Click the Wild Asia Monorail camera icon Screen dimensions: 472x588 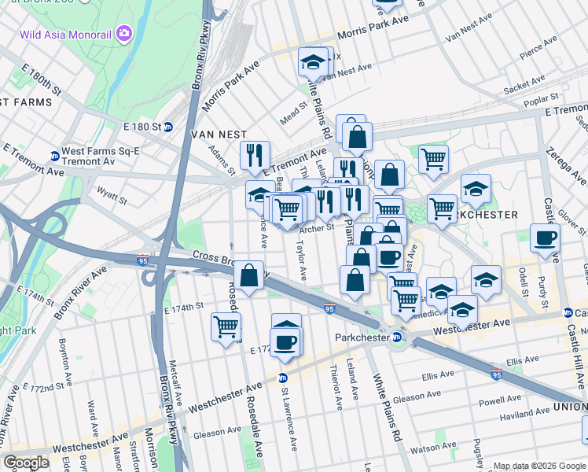coord(123,33)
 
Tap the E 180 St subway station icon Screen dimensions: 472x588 coord(167,127)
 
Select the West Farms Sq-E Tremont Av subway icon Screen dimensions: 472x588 coord(54,155)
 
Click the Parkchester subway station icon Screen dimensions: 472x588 coord(397,337)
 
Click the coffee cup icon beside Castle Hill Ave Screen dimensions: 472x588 coord(545,238)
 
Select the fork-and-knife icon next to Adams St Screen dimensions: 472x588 coord(254,155)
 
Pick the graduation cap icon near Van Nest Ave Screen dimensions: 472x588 coord(313,61)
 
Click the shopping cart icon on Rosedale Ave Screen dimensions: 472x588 coord(226,326)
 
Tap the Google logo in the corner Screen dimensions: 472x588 coord(26,463)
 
